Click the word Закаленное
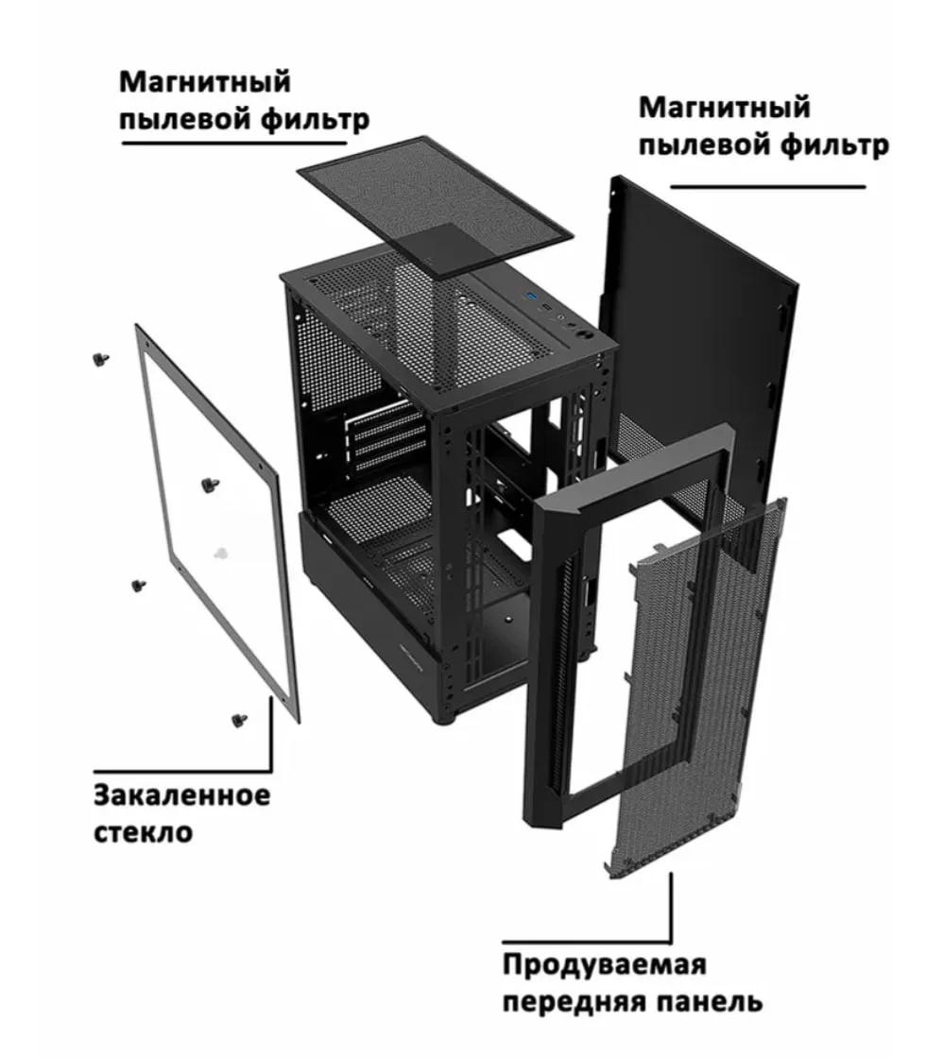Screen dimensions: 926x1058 coord(181,794)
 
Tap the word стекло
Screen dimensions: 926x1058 coord(143,831)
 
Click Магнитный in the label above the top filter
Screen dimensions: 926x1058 coord(204,82)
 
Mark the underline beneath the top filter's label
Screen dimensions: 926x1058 coord(233,143)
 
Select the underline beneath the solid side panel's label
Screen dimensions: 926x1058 coord(768,186)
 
